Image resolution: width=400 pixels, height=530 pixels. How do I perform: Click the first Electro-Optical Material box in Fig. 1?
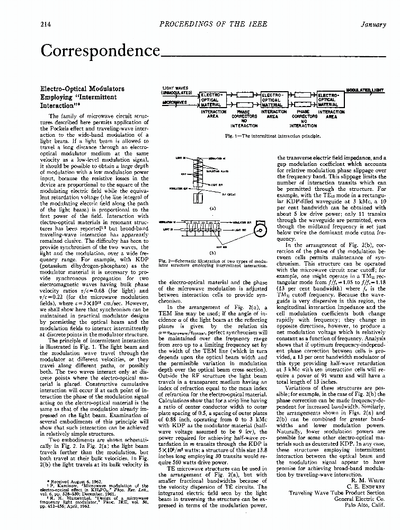213,100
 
